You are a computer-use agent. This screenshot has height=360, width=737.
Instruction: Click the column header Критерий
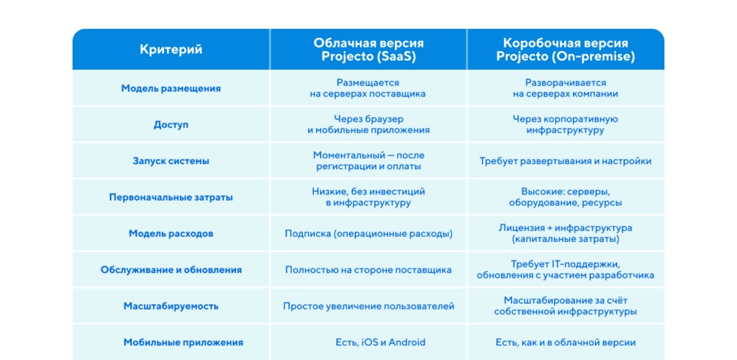click(171, 50)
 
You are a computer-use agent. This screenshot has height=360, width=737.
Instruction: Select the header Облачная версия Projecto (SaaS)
click(368, 50)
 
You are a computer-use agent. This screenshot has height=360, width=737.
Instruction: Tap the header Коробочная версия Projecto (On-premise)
click(565, 50)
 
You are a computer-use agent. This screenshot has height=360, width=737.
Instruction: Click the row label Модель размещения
click(171, 89)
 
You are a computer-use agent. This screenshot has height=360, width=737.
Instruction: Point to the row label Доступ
click(171, 125)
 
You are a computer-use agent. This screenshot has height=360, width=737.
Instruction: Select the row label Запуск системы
click(171, 161)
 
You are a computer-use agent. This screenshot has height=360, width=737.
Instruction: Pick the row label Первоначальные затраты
click(171, 197)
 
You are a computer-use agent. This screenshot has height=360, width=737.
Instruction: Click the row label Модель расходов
click(171, 233)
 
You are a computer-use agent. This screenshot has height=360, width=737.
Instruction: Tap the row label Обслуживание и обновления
click(171, 270)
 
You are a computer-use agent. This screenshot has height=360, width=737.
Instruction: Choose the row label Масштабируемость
click(171, 306)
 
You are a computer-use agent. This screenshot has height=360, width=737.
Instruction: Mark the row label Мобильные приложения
click(171, 343)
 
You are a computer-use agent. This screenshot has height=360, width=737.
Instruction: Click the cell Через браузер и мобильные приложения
click(368, 125)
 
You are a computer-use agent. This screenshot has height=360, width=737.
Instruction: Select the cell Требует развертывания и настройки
click(565, 161)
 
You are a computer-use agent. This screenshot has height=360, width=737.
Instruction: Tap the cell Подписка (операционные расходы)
click(368, 233)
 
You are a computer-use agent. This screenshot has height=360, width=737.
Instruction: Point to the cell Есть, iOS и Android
click(368, 343)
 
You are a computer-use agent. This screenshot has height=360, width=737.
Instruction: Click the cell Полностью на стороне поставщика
click(368, 270)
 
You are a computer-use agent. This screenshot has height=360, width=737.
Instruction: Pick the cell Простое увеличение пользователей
click(368, 306)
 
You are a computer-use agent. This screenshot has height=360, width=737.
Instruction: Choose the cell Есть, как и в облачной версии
click(565, 343)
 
